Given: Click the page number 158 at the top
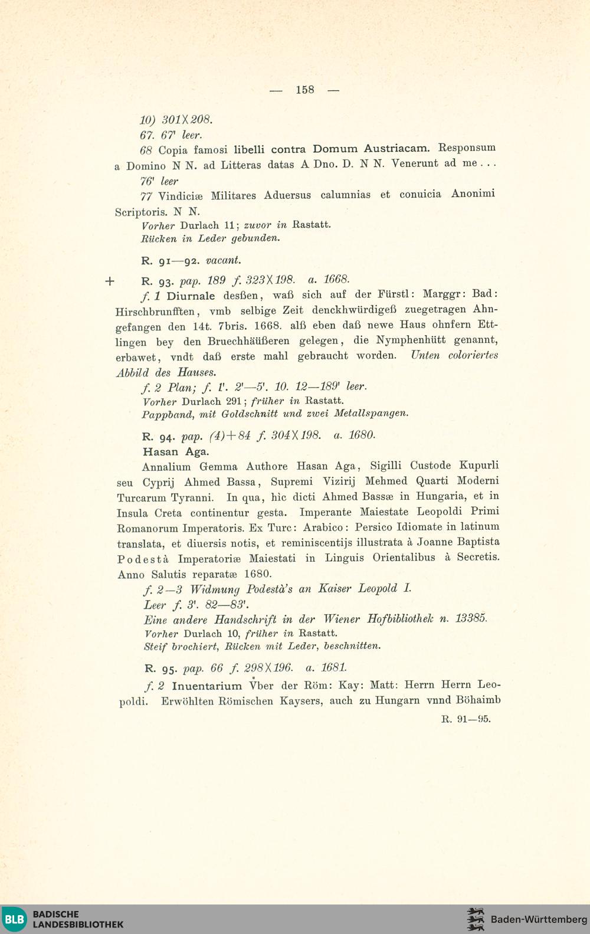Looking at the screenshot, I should [x=304, y=90].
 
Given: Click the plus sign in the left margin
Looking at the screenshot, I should [x=109, y=281].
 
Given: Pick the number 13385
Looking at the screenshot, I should [x=471, y=618].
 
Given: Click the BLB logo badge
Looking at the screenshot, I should [x=14, y=919].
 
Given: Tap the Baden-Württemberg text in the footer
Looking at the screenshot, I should [x=538, y=919].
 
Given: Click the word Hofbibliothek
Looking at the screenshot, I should [x=401, y=619].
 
